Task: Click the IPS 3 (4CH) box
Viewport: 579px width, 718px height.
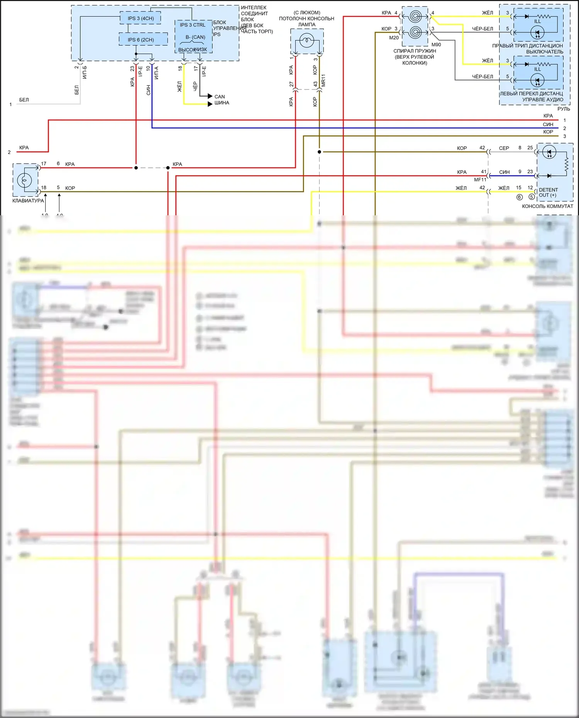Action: pos(141,18)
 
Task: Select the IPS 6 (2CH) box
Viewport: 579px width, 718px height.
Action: pos(141,40)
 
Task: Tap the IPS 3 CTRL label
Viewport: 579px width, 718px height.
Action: pos(193,25)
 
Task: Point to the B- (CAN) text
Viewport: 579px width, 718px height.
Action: pos(195,37)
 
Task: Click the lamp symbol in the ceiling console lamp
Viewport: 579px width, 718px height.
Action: pos(307,40)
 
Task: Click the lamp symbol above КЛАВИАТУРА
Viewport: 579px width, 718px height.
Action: pos(24,180)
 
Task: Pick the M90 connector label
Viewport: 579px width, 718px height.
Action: pos(436,45)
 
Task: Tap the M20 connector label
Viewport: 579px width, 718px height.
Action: pos(394,38)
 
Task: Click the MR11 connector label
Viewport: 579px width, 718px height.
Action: pos(323,80)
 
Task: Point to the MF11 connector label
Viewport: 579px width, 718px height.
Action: pos(480,180)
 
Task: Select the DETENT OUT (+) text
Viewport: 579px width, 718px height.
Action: pos(548,193)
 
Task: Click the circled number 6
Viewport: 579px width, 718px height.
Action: pos(520,197)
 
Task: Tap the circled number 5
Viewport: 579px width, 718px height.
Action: pos(532,197)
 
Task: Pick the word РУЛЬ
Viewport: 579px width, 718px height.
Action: pos(564,109)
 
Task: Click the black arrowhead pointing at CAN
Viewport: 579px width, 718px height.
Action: pos(210,96)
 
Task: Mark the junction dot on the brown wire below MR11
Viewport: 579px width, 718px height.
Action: pos(319,152)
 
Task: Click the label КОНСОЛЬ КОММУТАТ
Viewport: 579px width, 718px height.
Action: pos(547,206)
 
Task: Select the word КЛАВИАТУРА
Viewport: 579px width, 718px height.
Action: pos(28,201)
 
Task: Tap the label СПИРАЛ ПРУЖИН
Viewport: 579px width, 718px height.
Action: pos(415,51)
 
